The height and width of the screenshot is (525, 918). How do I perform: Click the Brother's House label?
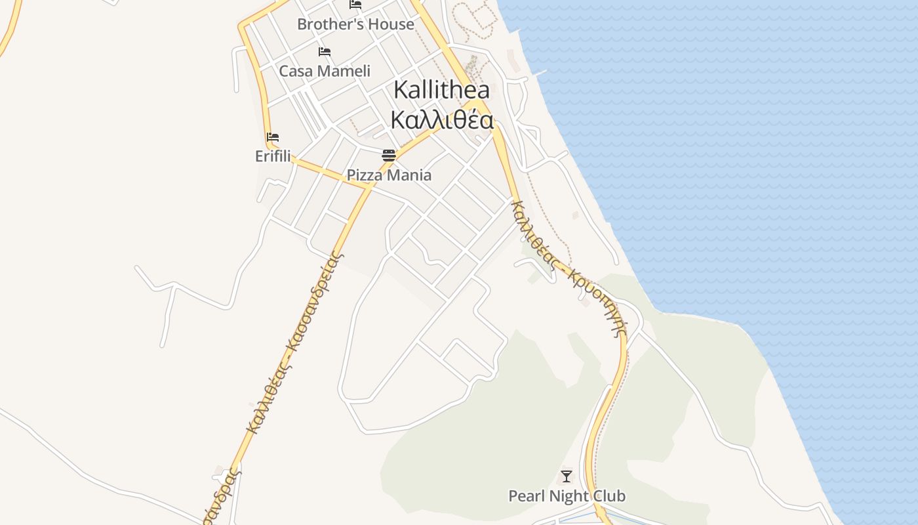355,24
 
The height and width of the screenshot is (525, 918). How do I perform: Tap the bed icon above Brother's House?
355,4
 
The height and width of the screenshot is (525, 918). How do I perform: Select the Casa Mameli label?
325,71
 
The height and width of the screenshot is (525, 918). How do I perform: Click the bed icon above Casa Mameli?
325,52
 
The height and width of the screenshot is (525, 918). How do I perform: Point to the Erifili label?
273,156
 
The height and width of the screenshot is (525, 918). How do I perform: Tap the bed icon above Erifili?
273,137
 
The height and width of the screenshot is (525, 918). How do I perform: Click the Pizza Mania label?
389,175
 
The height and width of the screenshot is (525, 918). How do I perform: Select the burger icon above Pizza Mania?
389,156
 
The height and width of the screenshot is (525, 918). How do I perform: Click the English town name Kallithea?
441,90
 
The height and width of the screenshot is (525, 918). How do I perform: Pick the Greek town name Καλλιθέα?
441,120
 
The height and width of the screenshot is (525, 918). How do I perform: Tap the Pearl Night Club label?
567,496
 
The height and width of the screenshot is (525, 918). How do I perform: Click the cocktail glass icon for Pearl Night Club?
567,476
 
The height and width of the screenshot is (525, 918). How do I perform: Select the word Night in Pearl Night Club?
569,496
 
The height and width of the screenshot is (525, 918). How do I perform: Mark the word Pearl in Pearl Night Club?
527,496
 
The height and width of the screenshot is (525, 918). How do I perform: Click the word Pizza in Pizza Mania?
365,175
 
